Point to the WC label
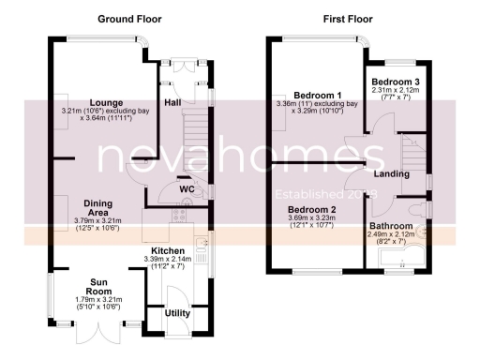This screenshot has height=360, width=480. click(x=186, y=188)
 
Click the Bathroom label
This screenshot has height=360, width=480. click(x=390, y=227)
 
